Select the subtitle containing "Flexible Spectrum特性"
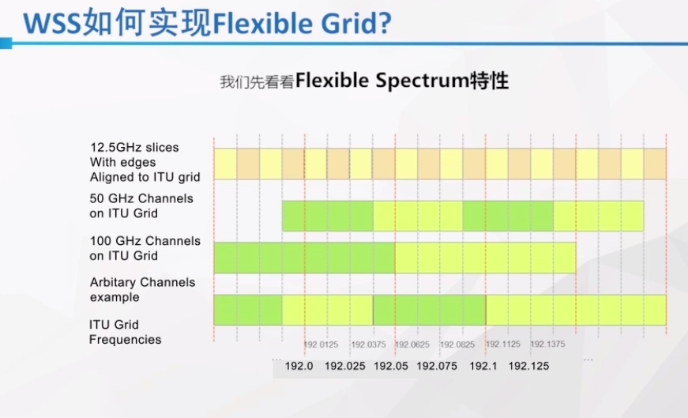pos(363,81)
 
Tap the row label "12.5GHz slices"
pos(134,148)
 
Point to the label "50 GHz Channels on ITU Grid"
pos(141,205)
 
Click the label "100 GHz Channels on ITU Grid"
pos(145,248)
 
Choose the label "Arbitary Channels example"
pos(142,290)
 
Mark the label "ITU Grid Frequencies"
pos(126,332)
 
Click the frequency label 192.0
pos(299,366)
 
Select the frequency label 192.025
pos(344,366)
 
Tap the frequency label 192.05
pos(390,366)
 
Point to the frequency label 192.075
pos(437,366)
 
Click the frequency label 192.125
pos(528,366)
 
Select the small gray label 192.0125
pos(321,345)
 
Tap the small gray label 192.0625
pos(412,345)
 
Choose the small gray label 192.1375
pos(548,345)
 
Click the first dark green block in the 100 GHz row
pos(304,258)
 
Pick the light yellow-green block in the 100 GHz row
pos(485,258)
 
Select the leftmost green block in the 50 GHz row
pos(327,216)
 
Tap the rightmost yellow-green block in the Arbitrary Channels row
pos(576,310)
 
